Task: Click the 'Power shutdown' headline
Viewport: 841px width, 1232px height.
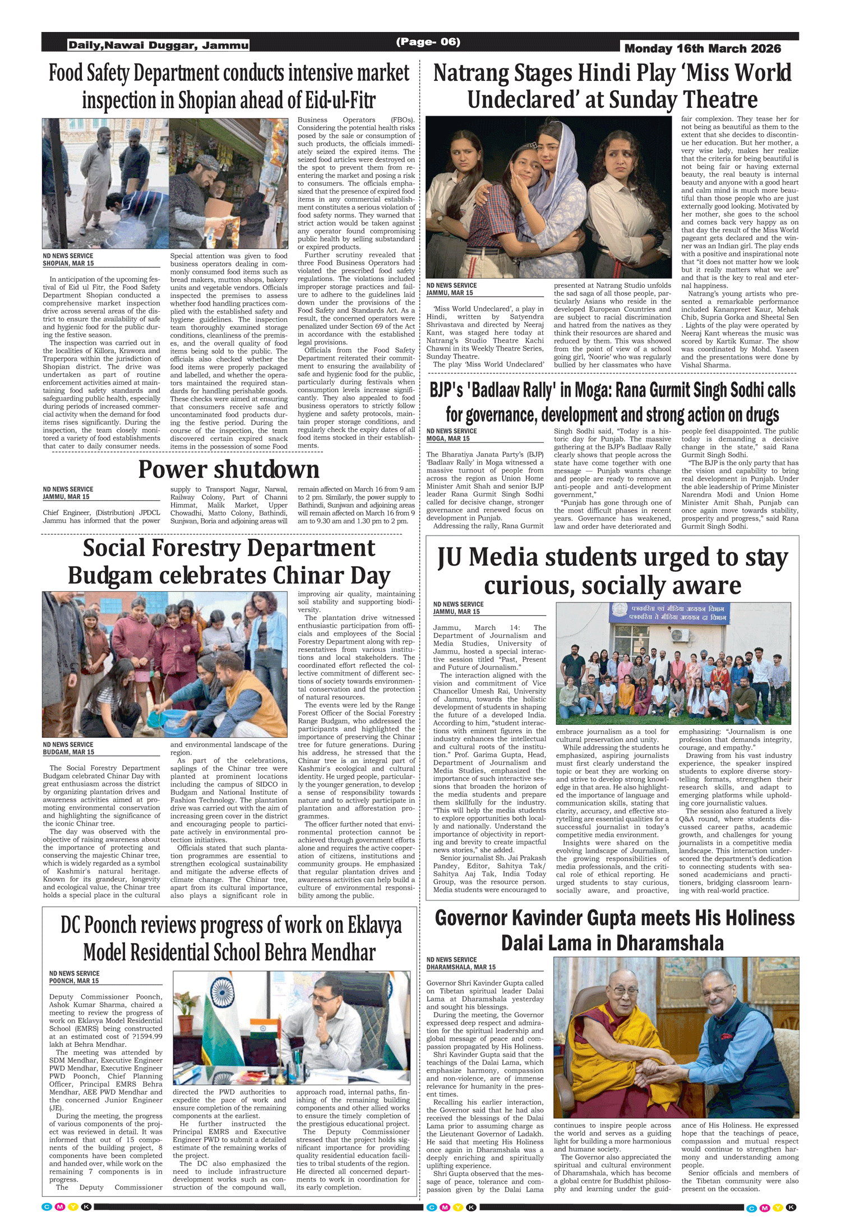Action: click(x=229, y=470)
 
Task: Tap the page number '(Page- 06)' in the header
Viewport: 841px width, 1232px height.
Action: click(x=428, y=42)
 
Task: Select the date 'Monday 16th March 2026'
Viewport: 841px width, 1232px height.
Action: click(x=703, y=48)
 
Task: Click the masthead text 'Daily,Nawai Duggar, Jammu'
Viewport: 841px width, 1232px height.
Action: click(x=159, y=45)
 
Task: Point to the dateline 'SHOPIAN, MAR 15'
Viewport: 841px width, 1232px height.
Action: click(x=68, y=263)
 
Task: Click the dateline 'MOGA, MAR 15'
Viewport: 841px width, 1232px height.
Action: click(x=448, y=438)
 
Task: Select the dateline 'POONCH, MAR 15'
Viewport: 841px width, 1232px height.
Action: click(x=74, y=981)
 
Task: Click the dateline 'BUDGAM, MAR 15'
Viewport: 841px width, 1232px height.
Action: click(x=68, y=752)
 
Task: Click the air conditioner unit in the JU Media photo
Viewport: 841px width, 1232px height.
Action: click(x=680, y=636)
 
